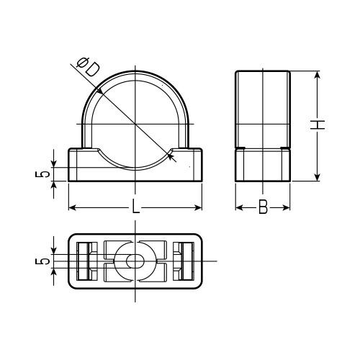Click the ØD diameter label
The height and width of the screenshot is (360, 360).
pyautogui.click(x=88, y=67)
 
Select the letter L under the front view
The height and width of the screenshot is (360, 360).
pyautogui.click(x=135, y=207)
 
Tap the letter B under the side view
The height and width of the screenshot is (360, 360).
pyautogui.click(x=263, y=207)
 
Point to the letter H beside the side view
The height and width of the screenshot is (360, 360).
pyautogui.click(x=318, y=125)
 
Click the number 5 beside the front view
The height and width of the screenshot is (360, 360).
pyautogui.click(x=42, y=174)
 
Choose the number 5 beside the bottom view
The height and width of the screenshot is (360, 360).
pyautogui.click(x=42, y=261)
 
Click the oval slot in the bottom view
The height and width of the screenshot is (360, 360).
pyautogui.click(x=135, y=261)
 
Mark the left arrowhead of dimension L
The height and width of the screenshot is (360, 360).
pyautogui.click(x=72, y=208)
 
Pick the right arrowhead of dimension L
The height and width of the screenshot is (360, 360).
pyautogui.click(x=198, y=208)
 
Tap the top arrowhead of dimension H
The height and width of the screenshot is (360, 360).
pyautogui.click(x=318, y=75)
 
